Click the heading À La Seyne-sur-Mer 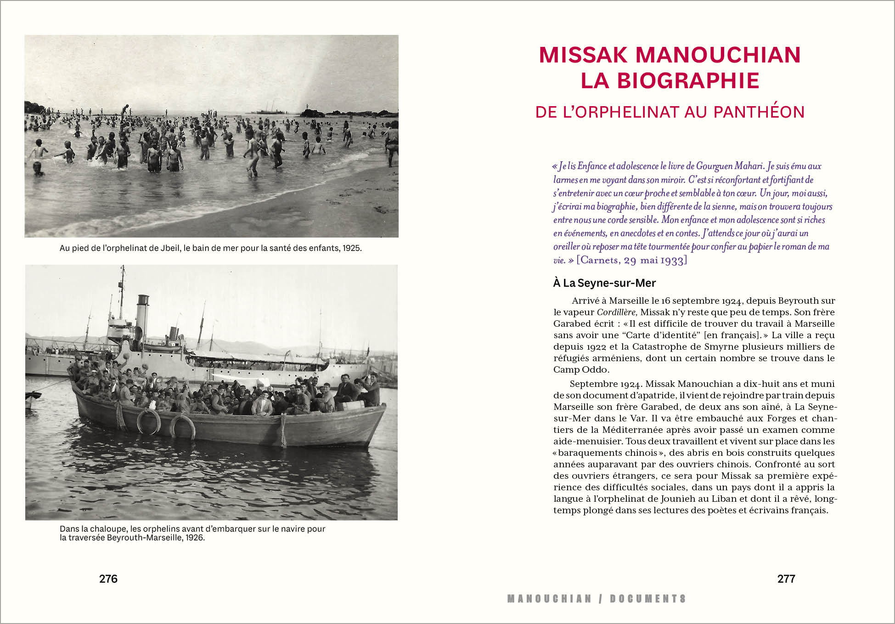(x=604, y=283)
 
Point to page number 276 (x=108, y=579)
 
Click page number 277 (x=786, y=579)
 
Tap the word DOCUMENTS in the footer (x=648, y=599)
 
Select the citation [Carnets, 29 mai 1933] (x=632, y=261)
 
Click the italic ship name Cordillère (x=616, y=312)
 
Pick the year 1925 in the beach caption (x=352, y=249)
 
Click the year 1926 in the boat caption (x=195, y=538)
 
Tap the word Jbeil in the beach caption (x=169, y=249)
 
